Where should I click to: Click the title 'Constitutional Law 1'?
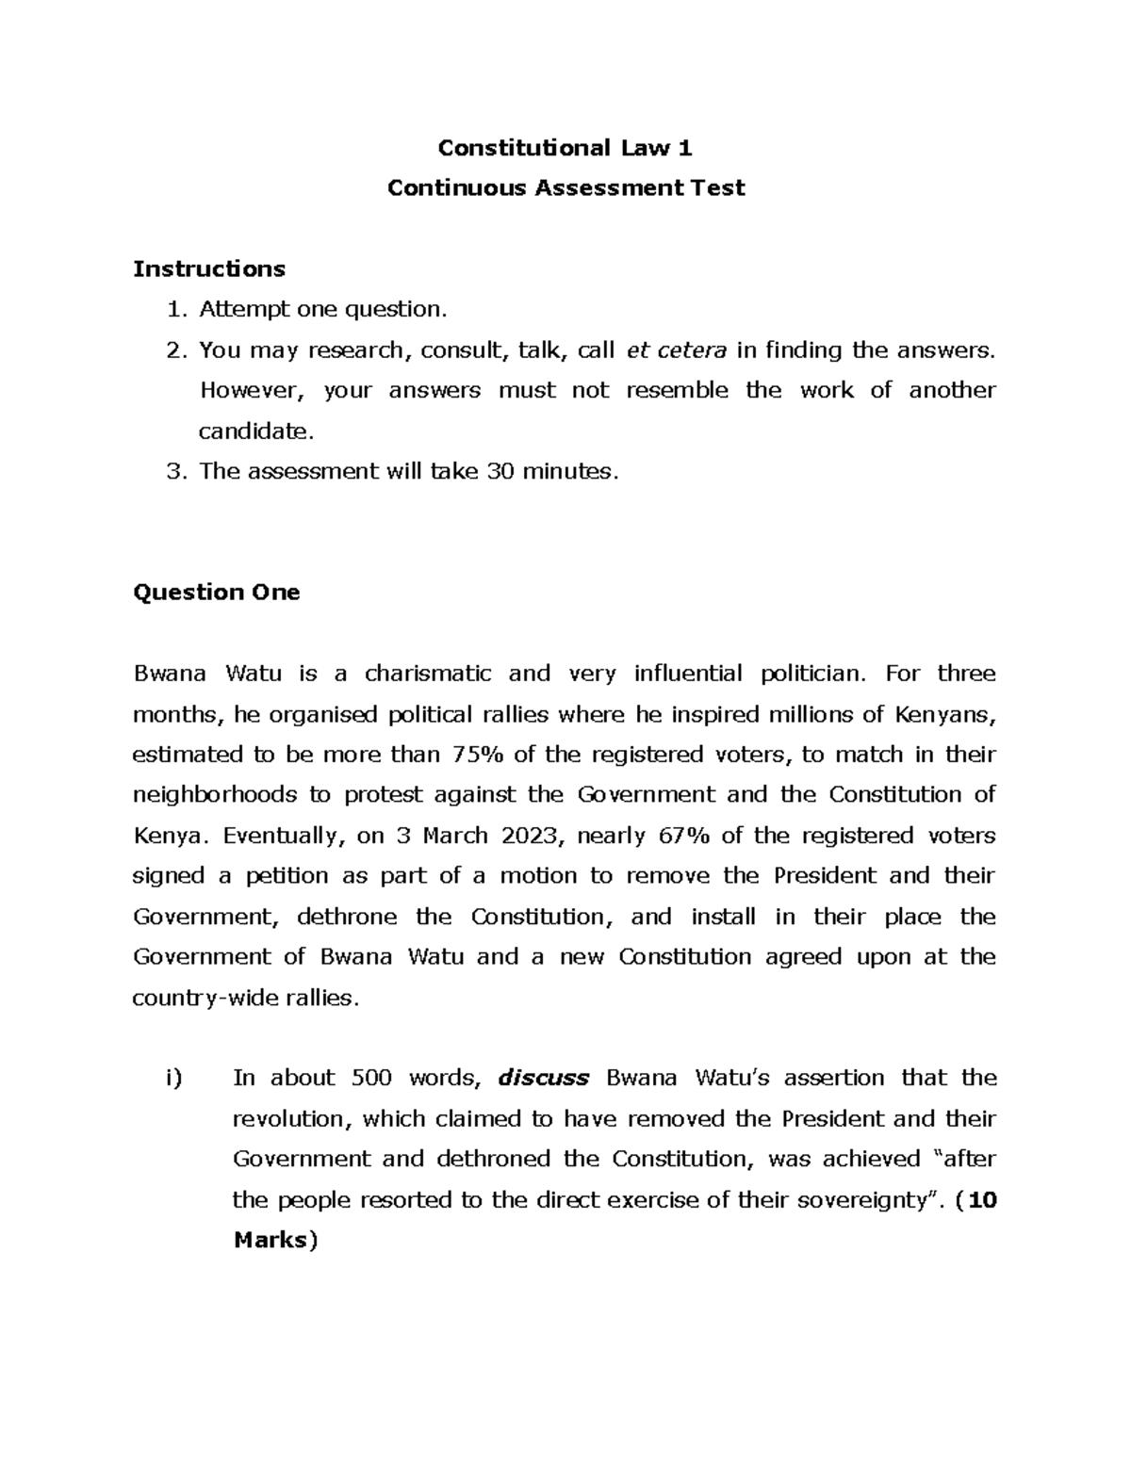(x=565, y=148)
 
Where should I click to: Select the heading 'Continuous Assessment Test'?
(x=565, y=188)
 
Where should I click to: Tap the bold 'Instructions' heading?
(x=209, y=269)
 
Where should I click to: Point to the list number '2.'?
(x=175, y=350)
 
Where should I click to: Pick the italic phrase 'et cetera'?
(x=677, y=350)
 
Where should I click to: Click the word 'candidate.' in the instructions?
(x=254, y=431)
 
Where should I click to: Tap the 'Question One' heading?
(x=217, y=593)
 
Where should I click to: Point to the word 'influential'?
(x=688, y=674)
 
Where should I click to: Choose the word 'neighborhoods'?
(x=215, y=795)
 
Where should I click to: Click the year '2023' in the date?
(x=531, y=836)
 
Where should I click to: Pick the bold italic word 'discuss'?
(x=543, y=1078)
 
